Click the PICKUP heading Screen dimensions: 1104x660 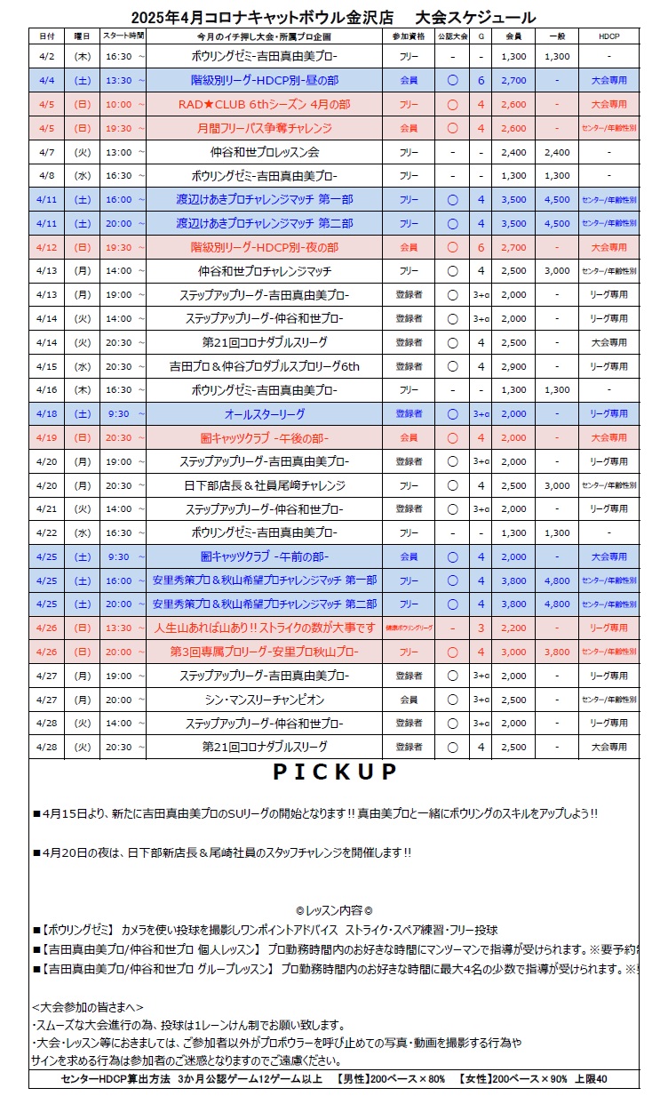[334, 772]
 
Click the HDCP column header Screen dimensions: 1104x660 [608, 36]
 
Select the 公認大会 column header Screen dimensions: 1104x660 [452, 36]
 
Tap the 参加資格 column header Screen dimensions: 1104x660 [409, 36]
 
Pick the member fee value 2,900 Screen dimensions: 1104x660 [513, 366]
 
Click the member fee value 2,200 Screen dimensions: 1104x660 [513, 628]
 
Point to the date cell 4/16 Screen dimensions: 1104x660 [47, 389]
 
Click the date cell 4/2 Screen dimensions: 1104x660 [47, 56]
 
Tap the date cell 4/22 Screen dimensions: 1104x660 [47, 532]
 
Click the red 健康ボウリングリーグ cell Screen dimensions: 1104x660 [409, 628]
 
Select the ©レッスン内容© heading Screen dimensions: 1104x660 [333, 910]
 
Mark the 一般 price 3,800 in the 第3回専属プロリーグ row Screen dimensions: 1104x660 [557, 652]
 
